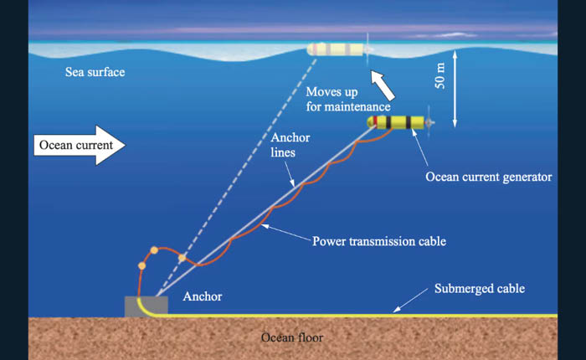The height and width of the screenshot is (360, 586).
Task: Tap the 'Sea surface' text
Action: click(x=95, y=72)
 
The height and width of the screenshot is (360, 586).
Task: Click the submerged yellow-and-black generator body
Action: click(x=402, y=124)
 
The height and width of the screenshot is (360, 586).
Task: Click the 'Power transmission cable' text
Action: click(x=378, y=241)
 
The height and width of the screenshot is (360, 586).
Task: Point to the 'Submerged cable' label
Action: click(x=480, y=289)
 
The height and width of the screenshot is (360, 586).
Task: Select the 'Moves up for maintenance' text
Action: click(x=347, y=99)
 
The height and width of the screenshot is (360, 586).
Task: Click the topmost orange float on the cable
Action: click(x=154, y=250)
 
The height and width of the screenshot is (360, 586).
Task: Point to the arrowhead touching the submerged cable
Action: click(x=398, y=310)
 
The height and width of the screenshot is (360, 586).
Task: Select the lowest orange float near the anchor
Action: click(x=141, y=266)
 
